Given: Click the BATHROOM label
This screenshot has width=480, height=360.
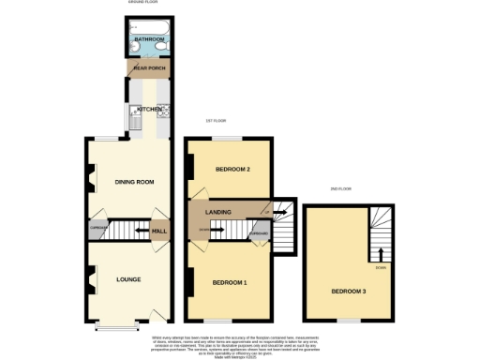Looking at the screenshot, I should (149, 38).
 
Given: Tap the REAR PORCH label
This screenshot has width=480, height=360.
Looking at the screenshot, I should (149, 67).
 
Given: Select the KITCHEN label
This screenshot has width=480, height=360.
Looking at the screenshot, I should (149, 109).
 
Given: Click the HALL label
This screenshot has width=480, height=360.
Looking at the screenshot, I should (159, 231).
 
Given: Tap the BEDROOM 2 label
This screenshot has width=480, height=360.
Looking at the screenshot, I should (232, 169).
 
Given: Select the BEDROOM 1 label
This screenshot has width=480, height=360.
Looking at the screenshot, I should (229, 282).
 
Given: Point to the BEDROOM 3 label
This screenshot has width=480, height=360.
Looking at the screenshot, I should (347, 291).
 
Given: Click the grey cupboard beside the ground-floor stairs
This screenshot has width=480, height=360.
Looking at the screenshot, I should (97, 228).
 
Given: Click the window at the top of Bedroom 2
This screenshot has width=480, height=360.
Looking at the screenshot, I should (226, 138).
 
